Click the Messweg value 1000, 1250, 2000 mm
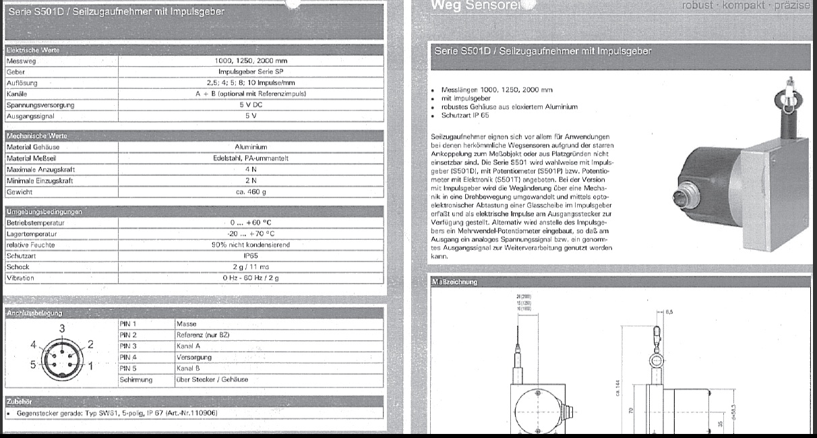[250, 61]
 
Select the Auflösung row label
[22, 83]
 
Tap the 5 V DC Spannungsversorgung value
[250, 105]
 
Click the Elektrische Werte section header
[32, 50]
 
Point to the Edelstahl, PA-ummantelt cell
[250, 158]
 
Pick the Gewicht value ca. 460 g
[250, 192]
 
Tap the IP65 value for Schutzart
[250, 256]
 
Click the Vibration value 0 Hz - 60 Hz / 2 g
[250, 278]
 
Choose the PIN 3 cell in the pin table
[128, 346]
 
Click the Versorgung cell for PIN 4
[194, 357]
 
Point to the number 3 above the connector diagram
[62, 328]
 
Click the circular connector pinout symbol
[61, 356]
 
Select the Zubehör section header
[20, 402]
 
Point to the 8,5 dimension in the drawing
[669, 313]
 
